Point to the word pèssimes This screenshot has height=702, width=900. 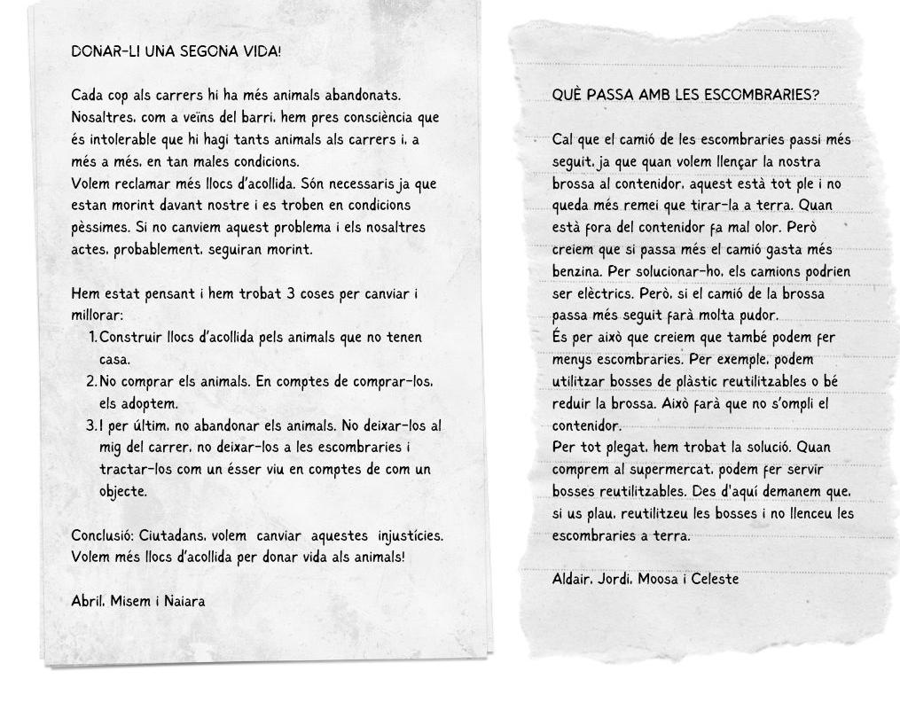coord(99,228)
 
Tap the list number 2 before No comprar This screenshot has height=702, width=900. coord(91,381)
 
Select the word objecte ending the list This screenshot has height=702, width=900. coord(122,491)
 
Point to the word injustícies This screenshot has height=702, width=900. coord(410,535)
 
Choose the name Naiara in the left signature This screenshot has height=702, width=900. coord(184,601)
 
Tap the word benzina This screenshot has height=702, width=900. coord(578,271)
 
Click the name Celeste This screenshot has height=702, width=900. coord(715,579)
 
